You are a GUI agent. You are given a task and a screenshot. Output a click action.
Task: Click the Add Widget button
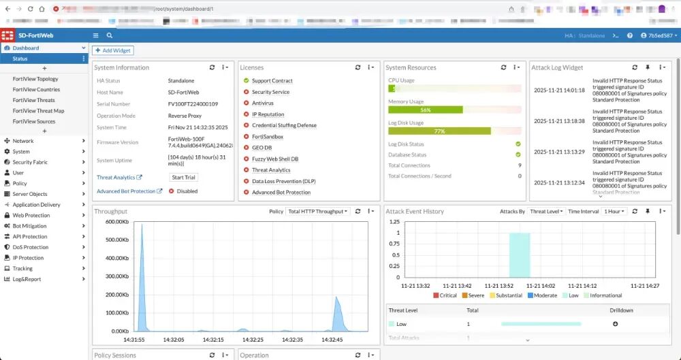(x=112, y=50)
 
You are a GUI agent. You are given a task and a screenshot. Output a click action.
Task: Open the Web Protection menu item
(x=31, y=215)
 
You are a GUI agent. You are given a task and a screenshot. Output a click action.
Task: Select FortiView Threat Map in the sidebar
(x=38, y=111)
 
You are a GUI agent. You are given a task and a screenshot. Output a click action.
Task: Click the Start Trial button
(x=183, y=178)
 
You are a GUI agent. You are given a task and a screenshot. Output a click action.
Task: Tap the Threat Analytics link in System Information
(x=116, y=178)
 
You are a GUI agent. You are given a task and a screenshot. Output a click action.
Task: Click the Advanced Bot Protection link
(x=126, y=191)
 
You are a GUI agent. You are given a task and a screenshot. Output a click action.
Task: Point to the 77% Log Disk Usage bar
(x=439, y=131)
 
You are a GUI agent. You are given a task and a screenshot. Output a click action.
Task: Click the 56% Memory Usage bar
(x=426, y=110)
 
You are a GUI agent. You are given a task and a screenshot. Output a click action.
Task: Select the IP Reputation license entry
(x=268, y=114)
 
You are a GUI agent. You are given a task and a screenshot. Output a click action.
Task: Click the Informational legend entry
(x=605, y=295)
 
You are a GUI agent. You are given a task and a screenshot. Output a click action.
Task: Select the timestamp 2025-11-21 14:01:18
(x=559, y=90)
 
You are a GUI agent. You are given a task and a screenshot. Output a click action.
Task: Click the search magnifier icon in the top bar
(x=110, y=35)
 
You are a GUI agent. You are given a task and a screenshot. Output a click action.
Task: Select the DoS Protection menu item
(x=31, y=247)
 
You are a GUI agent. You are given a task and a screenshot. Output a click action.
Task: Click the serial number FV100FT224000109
(x=193, y=104)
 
